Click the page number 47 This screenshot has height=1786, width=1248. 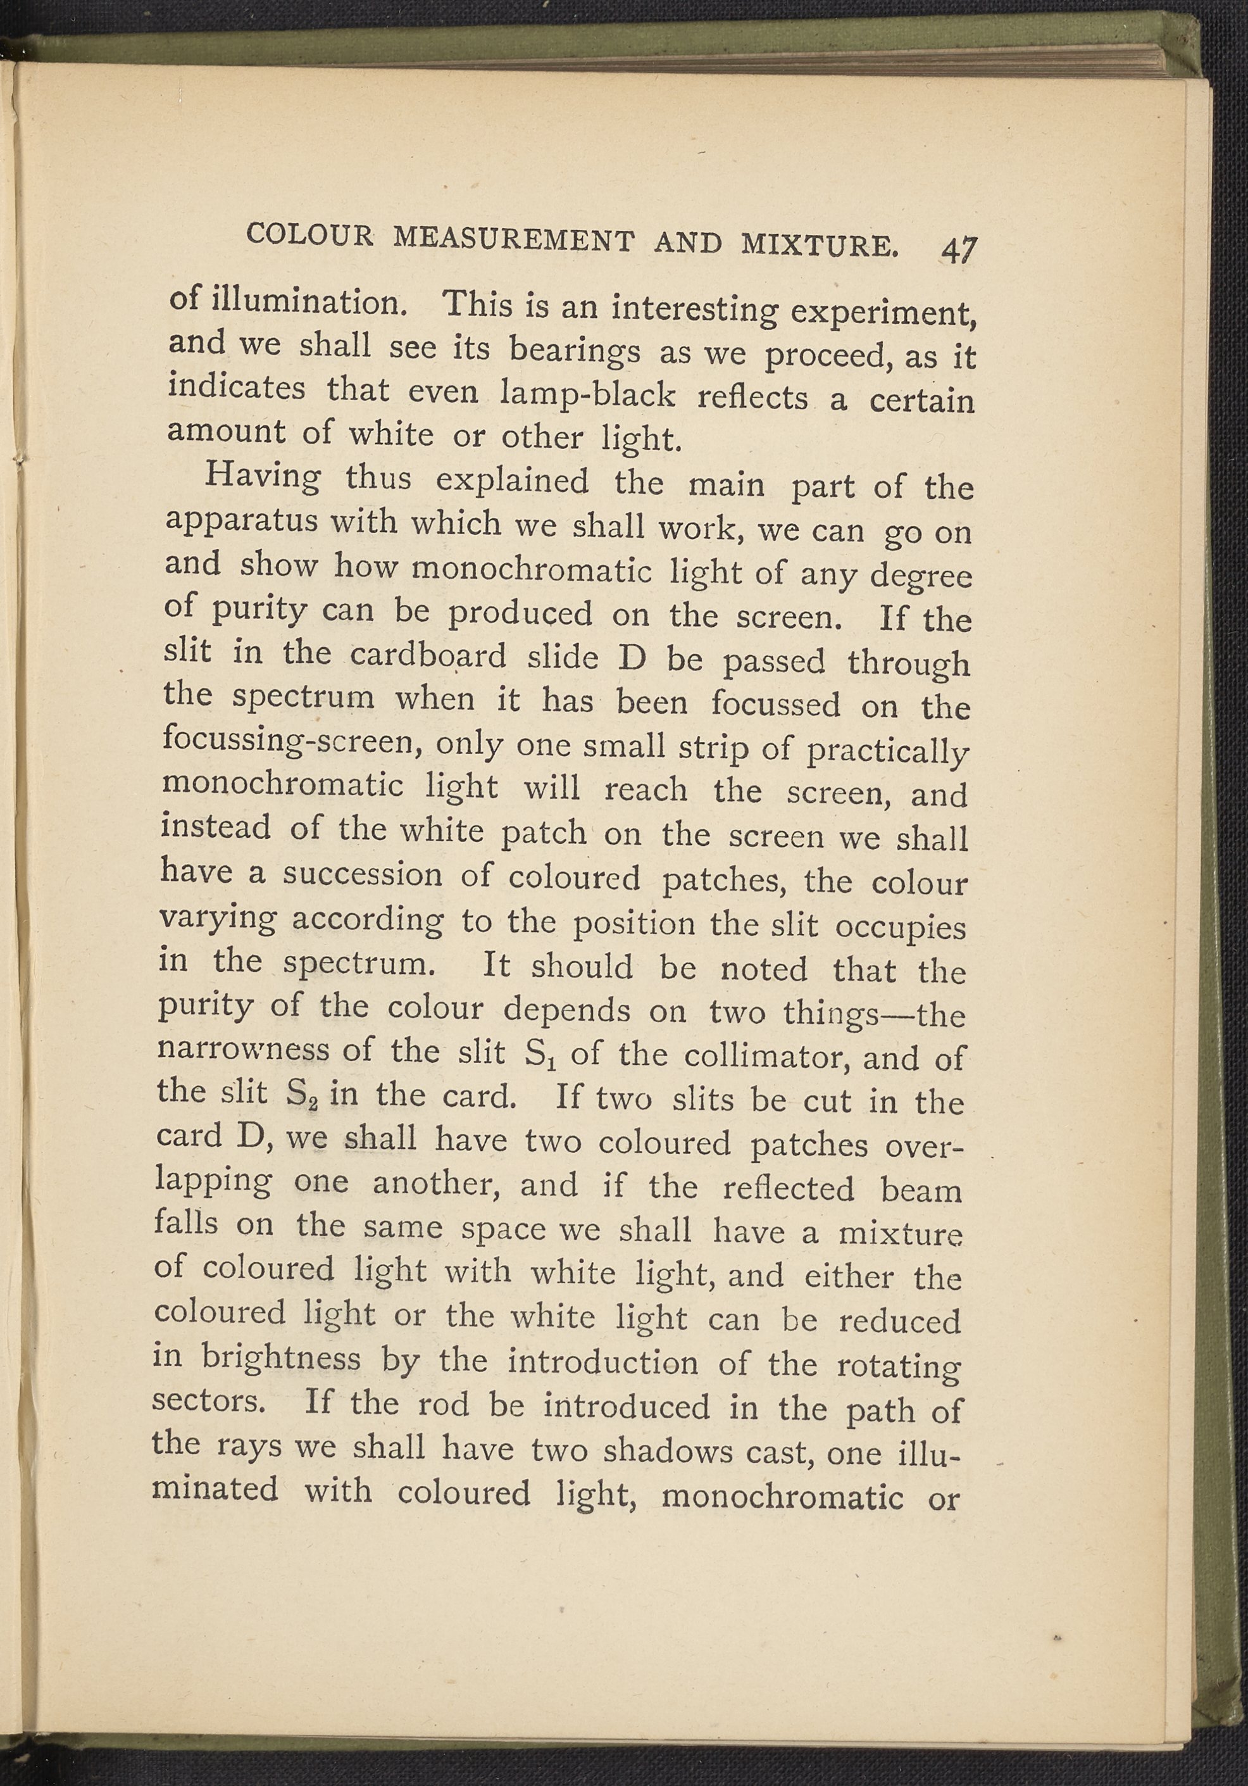(x=958, y=251)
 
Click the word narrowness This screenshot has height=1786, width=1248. (x=242, y=1051)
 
